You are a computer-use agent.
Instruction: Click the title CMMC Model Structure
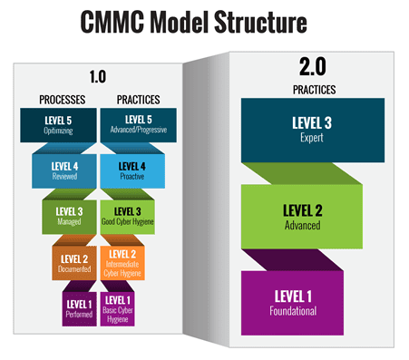204,21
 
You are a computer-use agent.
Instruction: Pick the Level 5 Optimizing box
60,124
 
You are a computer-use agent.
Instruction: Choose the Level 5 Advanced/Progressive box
137,124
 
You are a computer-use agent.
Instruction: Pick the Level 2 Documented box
74,260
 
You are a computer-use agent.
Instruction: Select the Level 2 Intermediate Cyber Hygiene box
125,261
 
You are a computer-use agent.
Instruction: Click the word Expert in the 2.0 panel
311,139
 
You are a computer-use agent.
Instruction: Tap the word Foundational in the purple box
304,310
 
